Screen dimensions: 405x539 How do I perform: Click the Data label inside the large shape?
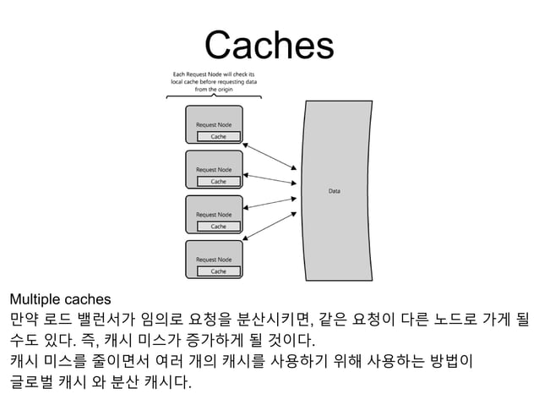[x=335, y=191]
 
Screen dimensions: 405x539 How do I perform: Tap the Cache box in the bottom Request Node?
[x=218, y=271]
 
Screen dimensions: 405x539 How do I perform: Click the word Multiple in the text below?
[x=32, y=298]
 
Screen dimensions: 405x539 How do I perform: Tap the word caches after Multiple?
[x=84, y=298]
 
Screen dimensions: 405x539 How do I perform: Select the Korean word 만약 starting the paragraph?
[x=24, y=320]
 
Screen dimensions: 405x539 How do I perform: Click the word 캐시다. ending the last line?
[x=165, y=385]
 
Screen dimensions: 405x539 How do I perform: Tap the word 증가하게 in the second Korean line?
[x=206, y=342]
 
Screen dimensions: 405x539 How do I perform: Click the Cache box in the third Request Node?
[x=218, y=226]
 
